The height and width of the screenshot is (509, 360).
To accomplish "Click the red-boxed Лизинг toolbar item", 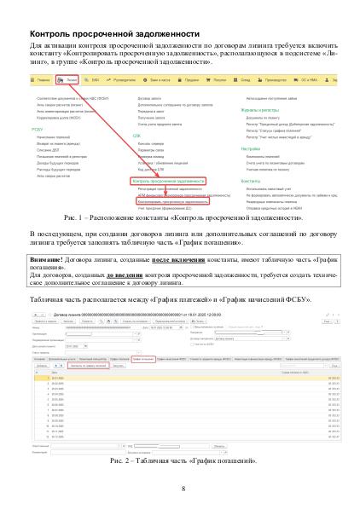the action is click(x=66, y=78).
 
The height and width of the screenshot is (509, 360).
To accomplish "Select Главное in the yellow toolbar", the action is click(x=41, y=78).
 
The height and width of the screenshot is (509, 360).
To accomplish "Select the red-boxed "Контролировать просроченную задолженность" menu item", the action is click(x=167, y=201).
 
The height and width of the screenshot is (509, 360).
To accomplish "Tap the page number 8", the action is click(x=183, y=489).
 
